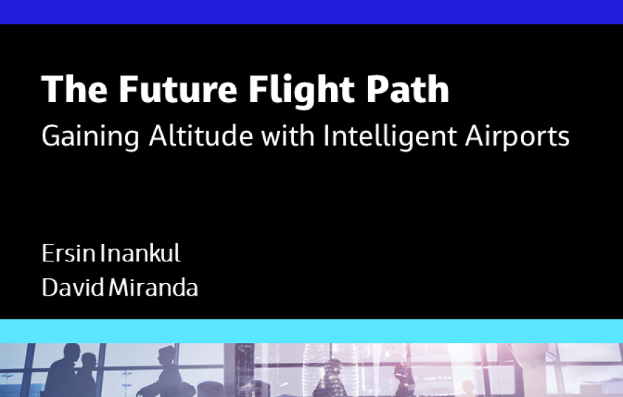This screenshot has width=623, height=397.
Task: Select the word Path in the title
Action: click(x=409, y=89)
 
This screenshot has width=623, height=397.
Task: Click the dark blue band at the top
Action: click(x=311, y=11)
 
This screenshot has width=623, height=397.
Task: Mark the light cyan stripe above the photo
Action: click(x=311, y=331)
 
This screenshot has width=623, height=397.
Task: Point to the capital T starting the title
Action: click(x=50, y=89)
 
